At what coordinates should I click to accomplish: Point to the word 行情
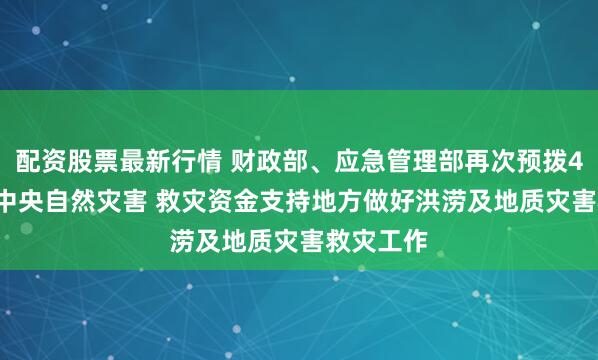pyautogui.click(x=207, y=161)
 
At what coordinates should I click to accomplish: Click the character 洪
pyautogui.click(x=468, y=199)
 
